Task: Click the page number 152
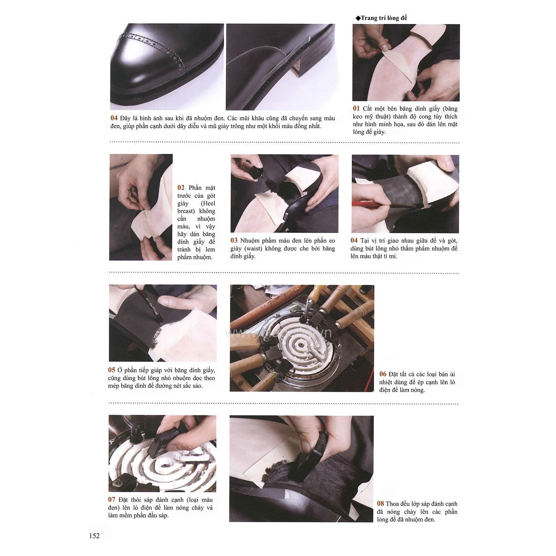(94, 536)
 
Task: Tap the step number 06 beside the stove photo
(383, 374)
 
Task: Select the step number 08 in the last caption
(380, 504)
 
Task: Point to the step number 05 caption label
(112, 370)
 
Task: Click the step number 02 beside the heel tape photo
(181, 188)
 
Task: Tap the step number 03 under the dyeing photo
(234, 241)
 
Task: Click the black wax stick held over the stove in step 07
(158, 444)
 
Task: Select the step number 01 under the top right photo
(356, 109)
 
